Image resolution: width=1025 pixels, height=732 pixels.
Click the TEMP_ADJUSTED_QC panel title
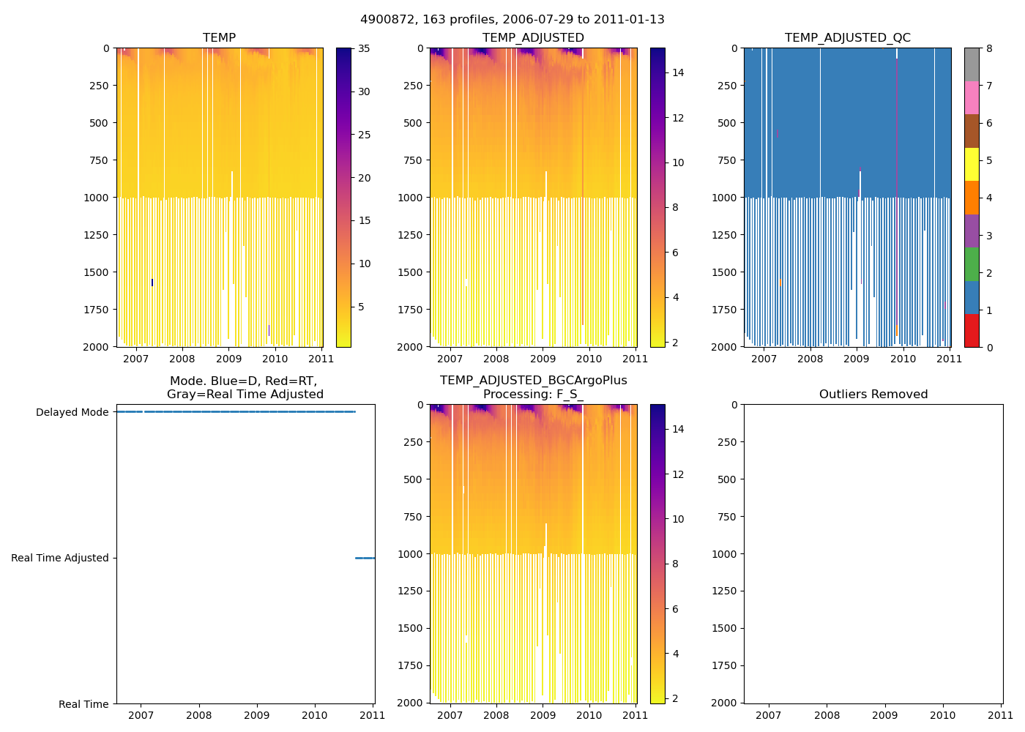(x=847, y=38)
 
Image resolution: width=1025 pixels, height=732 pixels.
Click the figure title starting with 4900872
(x=512, y=20)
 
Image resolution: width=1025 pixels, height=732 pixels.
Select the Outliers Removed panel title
(x=873, y=395)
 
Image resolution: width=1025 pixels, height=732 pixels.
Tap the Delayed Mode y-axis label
(x=72, y=413)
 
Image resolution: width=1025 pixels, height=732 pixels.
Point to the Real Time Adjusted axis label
(x=59, y=559)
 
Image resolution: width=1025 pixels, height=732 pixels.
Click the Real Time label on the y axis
(x=83, y=704)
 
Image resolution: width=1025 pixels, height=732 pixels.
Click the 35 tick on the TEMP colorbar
(x=364, y=49)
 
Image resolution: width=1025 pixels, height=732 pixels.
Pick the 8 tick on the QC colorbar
(x=989, y=49)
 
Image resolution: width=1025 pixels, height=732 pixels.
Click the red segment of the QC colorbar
(x=972, y=330)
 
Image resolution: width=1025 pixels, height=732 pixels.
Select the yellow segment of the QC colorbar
(x=972, y=165)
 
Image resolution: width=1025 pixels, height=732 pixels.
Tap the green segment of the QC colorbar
(x=972, y=264)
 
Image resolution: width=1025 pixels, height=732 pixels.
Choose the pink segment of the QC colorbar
(x=972, y=98)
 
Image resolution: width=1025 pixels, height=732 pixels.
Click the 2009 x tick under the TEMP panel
(x=229, y=359)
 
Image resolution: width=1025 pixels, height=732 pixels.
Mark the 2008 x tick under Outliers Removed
(x=827, y=715)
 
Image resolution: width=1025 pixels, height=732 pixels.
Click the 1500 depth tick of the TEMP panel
(x=97, y=272)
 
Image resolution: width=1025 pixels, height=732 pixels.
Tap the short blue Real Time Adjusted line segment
(x=365, y=558)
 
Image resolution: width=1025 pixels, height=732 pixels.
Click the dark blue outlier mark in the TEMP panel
(x=152, y=283)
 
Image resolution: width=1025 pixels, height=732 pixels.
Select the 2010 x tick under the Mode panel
(x=315, y=715)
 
